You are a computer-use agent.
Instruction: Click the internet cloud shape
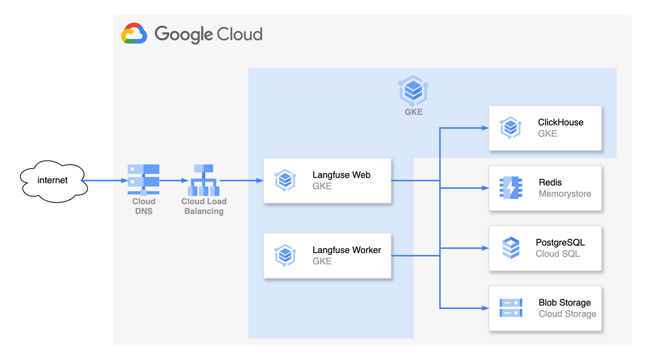[53, 180]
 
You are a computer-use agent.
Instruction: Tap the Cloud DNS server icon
[143, 180]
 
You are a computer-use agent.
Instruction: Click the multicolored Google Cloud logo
[134, 33]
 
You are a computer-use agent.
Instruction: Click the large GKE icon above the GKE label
[414, 90]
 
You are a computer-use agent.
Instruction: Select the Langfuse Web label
[341, 175]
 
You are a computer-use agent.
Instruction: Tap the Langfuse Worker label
[347, 250]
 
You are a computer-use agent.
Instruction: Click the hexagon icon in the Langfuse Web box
[285, 181]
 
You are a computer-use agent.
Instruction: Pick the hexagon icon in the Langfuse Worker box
[285, 255]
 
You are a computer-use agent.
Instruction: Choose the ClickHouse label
[561, 122]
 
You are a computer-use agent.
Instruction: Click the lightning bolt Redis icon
[511, 188]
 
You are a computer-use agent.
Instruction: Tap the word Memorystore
[565, 194]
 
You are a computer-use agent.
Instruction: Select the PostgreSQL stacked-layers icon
[511, 248]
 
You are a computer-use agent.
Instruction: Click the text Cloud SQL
[558, 254]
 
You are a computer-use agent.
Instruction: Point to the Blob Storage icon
[511, 308]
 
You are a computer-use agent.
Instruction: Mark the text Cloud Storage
[567, 314]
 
